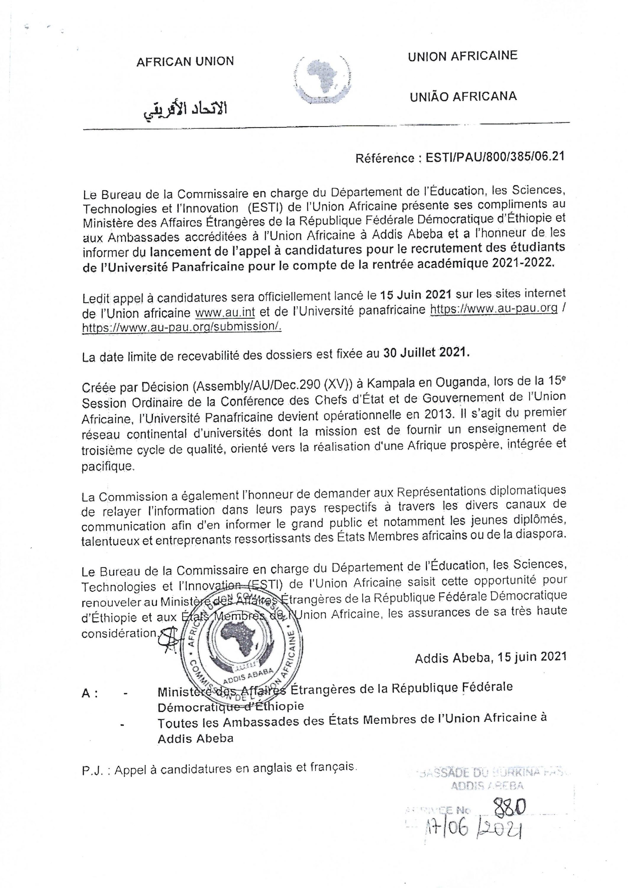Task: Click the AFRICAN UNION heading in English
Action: (x=185, y=62)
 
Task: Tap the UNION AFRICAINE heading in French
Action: (x=462, y=56)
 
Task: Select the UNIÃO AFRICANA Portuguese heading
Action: (x=463, y=96)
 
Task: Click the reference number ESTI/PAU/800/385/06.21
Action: (x=495, y=157)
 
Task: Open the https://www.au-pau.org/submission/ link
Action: (x=182, y=327)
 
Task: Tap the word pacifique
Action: (x=107, y=466)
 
